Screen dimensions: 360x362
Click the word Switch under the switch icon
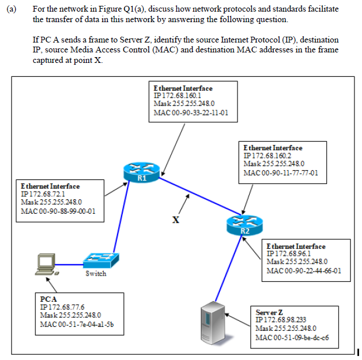95,274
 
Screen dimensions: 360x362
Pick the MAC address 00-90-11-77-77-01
281,172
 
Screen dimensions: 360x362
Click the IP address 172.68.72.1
46,193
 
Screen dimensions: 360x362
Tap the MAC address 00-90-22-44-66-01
303,270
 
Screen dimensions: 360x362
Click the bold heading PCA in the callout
48,299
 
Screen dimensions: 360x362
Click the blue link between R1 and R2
192,192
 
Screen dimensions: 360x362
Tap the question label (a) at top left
12,10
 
